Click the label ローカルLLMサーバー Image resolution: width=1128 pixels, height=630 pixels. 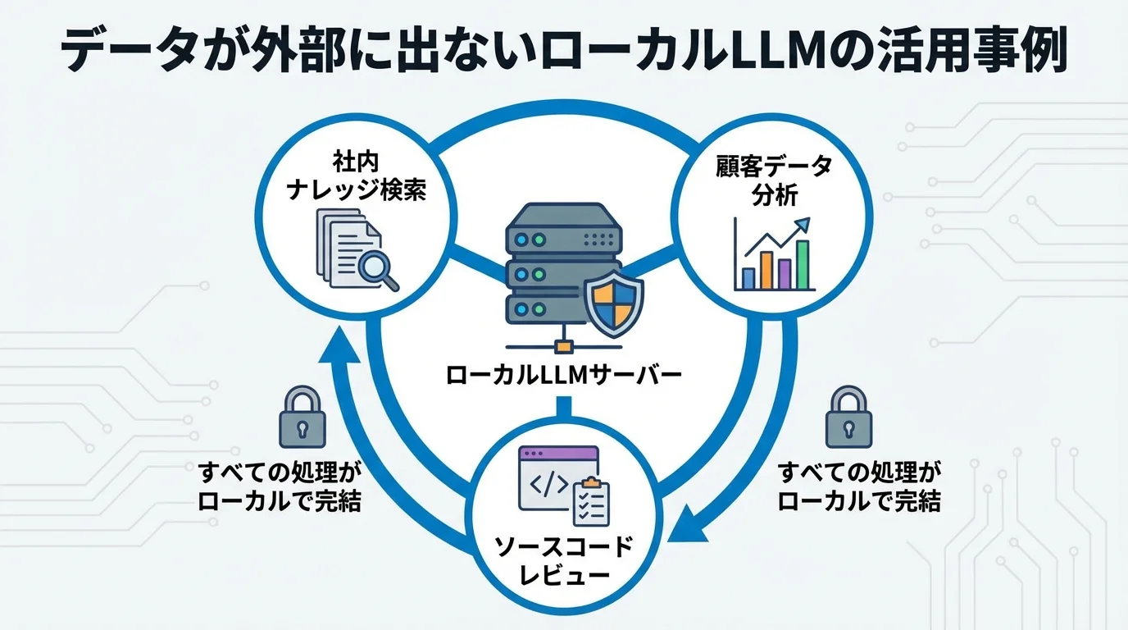point(564,376)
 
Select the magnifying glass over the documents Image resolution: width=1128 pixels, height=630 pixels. point(376,267)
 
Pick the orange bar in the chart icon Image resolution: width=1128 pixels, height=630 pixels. point(766,270)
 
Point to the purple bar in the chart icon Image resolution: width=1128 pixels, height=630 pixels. point(785,274)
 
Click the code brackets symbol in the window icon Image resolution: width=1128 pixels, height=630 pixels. point(548,484)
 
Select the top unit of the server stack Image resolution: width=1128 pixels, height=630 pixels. point(562,238)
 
